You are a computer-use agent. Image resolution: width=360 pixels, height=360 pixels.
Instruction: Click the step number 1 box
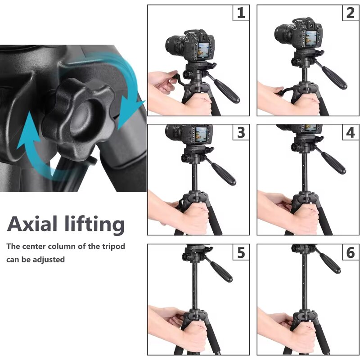click(241, 13)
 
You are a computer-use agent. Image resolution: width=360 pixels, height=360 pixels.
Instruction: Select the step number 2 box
click(350, 13)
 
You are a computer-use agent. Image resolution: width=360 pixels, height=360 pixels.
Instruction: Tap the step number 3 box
click(241, 132)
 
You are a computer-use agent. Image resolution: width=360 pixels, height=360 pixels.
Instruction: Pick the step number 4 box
click(350, 132)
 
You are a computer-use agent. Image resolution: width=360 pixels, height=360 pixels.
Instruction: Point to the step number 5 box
click(241, 252)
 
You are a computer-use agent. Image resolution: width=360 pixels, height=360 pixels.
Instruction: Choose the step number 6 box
click(350, 252)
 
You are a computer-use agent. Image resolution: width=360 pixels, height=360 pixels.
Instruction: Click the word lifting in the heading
click(95, 224)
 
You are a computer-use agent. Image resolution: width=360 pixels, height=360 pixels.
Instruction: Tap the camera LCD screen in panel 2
click(312, 37)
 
